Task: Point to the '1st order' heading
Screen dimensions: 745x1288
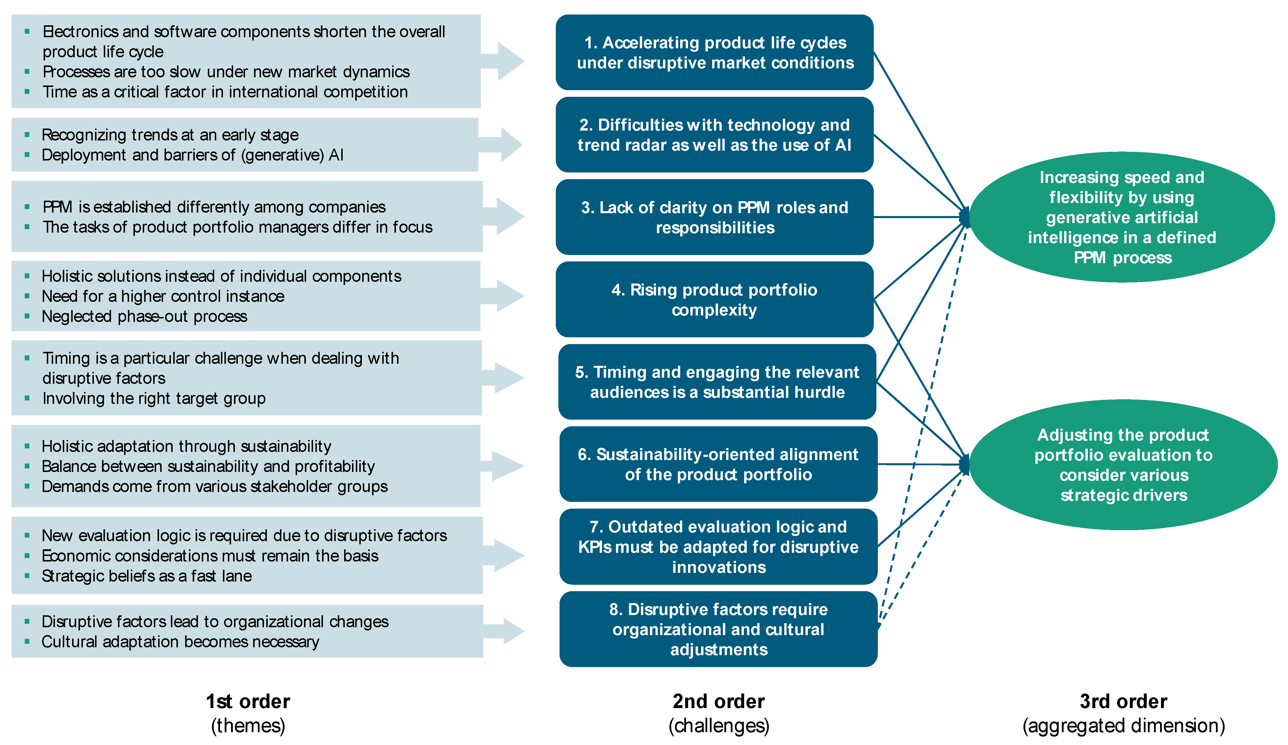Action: tap(248, 701)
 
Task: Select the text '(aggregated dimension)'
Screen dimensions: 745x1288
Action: tap(1123, 726)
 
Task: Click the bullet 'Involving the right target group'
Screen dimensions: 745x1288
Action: tap(154, 398)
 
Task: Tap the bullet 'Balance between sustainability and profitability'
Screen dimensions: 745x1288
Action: tap(208, 466)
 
